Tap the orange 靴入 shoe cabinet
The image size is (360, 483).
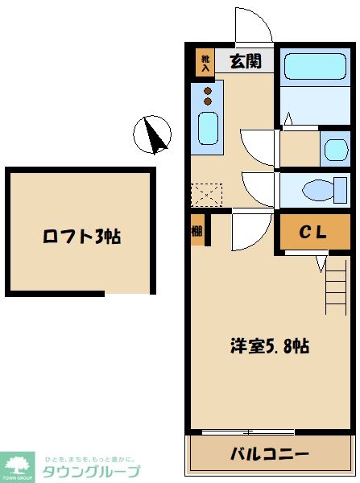tap(205, 63)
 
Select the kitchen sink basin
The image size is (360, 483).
tap(209, 128)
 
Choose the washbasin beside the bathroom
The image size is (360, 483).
tap(333, 149)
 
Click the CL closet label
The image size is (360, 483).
tap(313, 233)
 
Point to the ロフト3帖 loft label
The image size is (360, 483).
tap(81, 237)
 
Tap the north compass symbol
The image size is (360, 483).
tap(152, 134)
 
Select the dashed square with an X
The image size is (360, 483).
tap(205, 194)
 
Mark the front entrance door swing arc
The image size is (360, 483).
tap(251, 27)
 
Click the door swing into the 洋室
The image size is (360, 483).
tap(246, 232)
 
